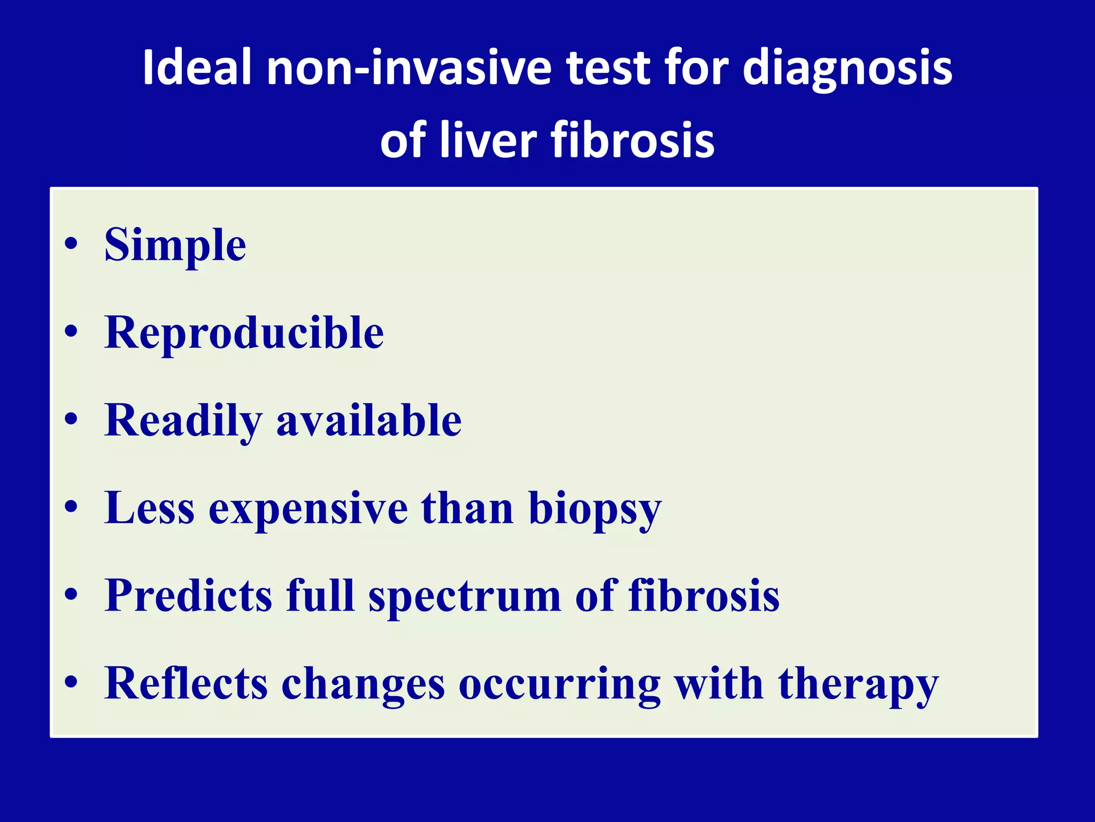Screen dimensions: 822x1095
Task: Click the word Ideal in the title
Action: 197,67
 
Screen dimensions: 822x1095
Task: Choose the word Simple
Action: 175,246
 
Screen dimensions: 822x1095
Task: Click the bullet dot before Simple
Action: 71,245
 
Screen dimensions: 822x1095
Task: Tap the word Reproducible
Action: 244,332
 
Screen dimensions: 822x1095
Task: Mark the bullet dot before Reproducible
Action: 71,332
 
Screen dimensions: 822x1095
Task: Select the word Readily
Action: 183,421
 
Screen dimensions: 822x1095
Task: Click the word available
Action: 369,420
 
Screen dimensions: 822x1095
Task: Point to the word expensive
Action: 309,508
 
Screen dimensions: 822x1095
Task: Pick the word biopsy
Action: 595,509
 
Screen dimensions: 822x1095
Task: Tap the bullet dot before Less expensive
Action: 71,507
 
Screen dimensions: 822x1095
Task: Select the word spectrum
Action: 465,597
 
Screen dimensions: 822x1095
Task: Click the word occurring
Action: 559,685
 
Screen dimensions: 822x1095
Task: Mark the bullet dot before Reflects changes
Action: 71,682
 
